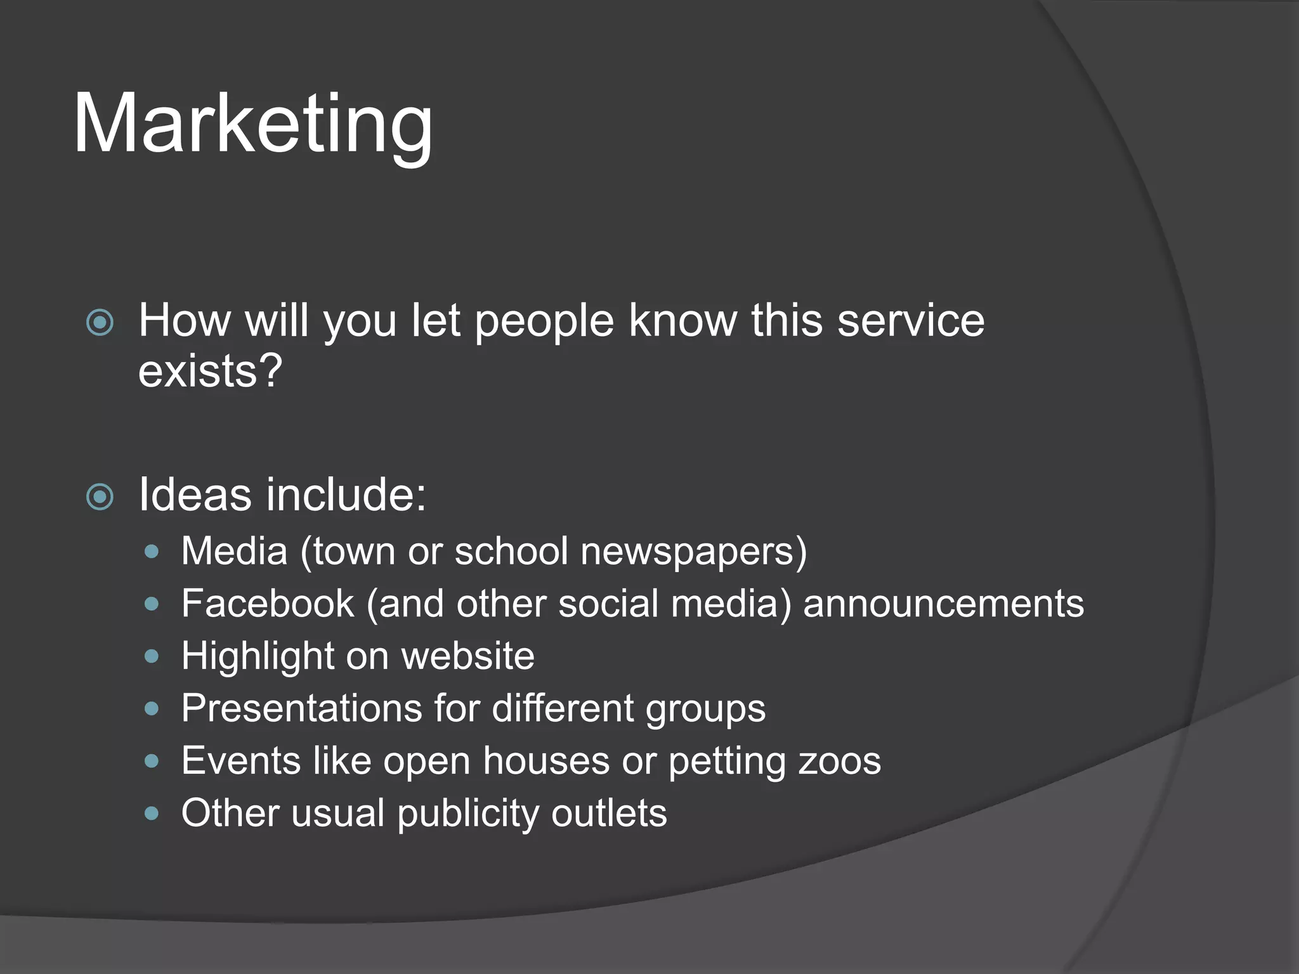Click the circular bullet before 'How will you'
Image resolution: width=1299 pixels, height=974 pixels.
point(100,323)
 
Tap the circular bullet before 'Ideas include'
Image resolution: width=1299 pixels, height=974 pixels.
point(100,497)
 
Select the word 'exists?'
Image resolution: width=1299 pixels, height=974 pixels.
point(210,371)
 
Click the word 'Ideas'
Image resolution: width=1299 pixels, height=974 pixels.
point(195,494)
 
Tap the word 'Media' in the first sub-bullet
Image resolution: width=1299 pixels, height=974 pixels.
point(234,550)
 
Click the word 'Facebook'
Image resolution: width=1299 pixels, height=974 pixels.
point(267,603)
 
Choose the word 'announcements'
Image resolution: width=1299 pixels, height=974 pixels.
point(943,603)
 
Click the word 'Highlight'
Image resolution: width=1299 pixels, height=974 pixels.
point(257,656)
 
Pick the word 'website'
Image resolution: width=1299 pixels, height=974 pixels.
point(467,656)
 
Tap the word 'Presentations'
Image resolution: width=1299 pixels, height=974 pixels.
point(301,708)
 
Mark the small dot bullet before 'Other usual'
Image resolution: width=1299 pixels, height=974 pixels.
point(151,813)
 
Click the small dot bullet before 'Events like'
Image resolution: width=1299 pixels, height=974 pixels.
point(151,760)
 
